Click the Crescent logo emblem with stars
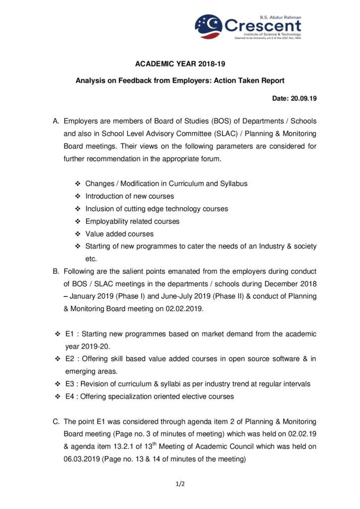(209, 26)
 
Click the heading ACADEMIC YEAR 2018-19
(180, 64)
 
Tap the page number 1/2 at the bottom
(180, 482)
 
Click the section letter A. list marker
(56, 121)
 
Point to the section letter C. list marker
(56, 422)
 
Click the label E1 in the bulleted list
(70, 334)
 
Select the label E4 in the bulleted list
(70, 397)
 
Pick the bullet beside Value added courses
(78, 234)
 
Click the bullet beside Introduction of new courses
(78, 196)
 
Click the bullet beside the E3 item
(58, 384)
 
